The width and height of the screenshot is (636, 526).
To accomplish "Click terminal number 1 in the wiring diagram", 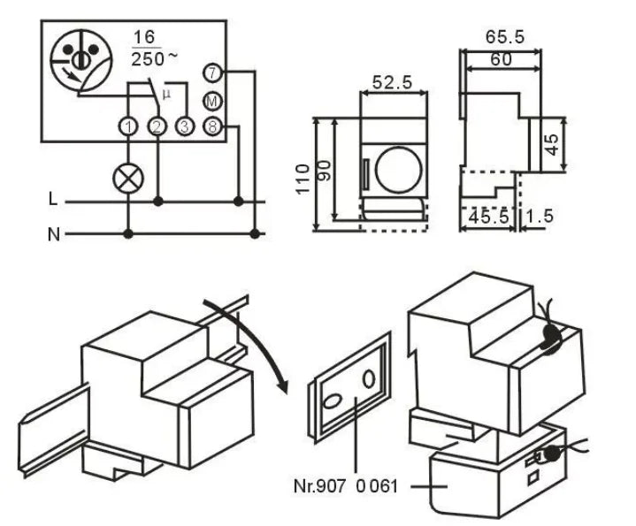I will pos(130,127).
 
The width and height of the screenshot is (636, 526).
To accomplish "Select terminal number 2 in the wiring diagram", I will pos(157,127).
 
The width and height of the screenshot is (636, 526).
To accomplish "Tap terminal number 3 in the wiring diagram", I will pos(184,127).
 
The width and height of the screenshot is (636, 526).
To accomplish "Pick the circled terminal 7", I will pos(212,73).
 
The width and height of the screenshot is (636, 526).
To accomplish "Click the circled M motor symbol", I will pos(212,100).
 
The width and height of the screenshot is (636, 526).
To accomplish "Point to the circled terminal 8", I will pos(212,126).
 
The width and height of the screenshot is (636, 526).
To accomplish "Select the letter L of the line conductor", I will pos(53,202).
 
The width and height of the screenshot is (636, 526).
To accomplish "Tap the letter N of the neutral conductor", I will pos(53,234).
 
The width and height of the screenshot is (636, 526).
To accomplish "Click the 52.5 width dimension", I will pos(394,83).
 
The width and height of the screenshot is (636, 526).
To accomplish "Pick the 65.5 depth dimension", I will pos(505,37).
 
